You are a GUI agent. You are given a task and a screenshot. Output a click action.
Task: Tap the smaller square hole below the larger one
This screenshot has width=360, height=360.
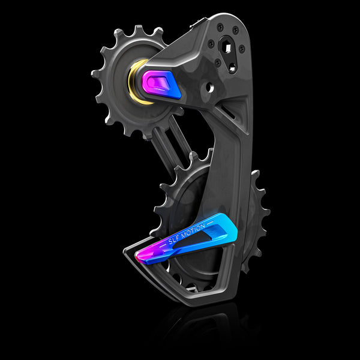pos(232,68)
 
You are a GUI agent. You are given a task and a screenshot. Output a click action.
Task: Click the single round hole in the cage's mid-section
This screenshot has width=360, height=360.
pos(209,86)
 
